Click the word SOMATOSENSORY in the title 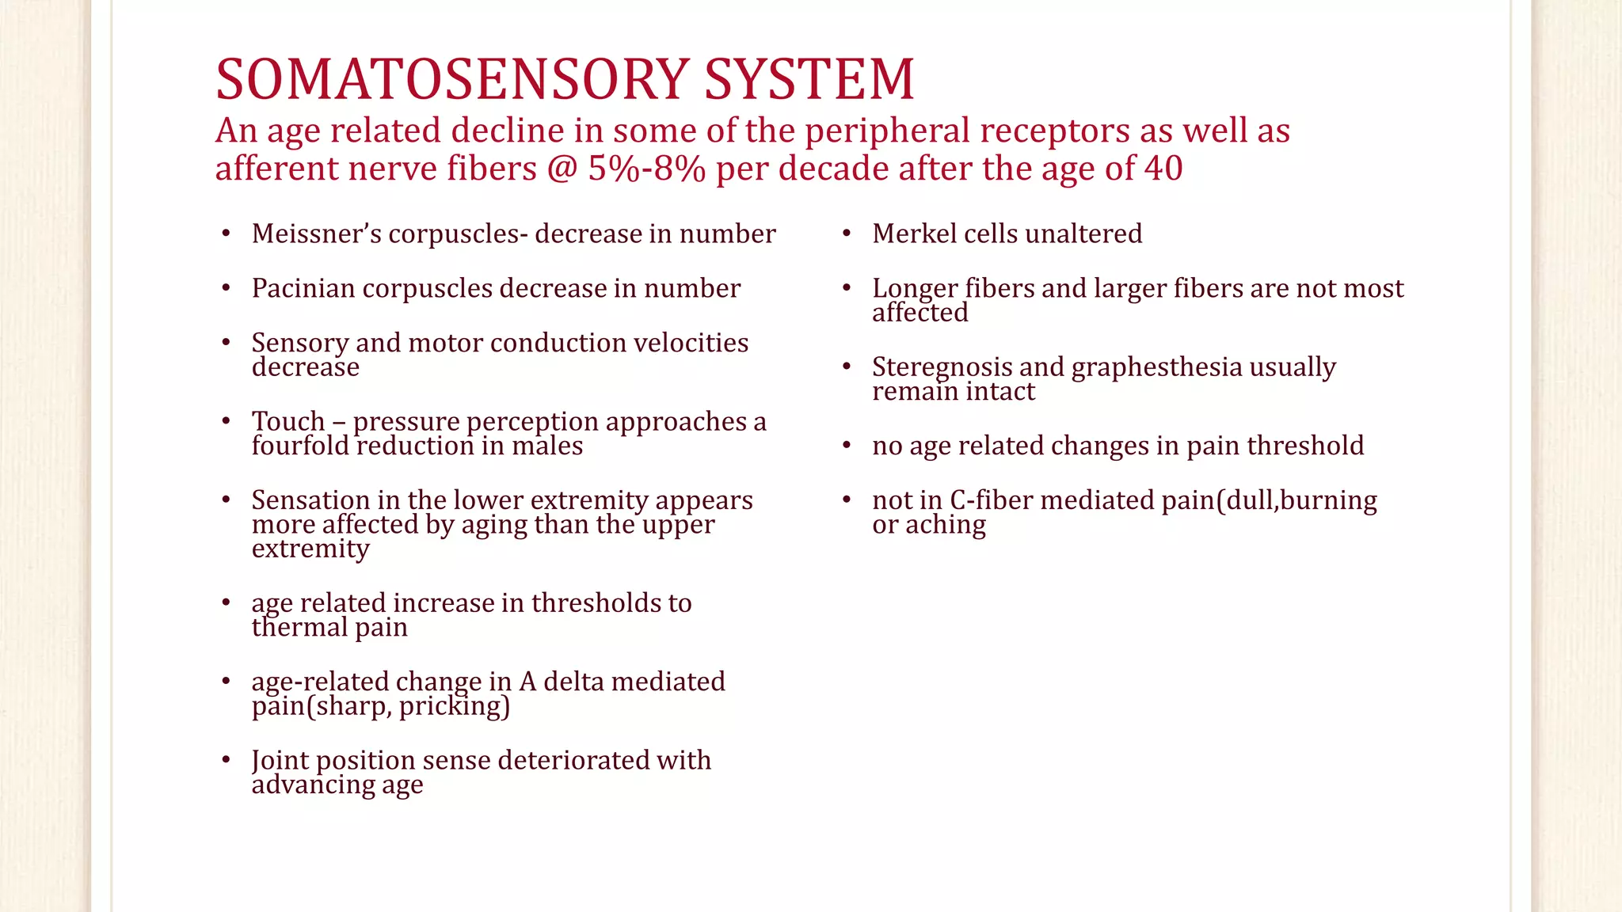point(451,79)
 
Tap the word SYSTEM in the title point(809,79)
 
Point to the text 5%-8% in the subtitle point(646,168)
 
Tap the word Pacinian point(303,288)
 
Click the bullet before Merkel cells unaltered point(847,234)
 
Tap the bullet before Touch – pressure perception point(227,421)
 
